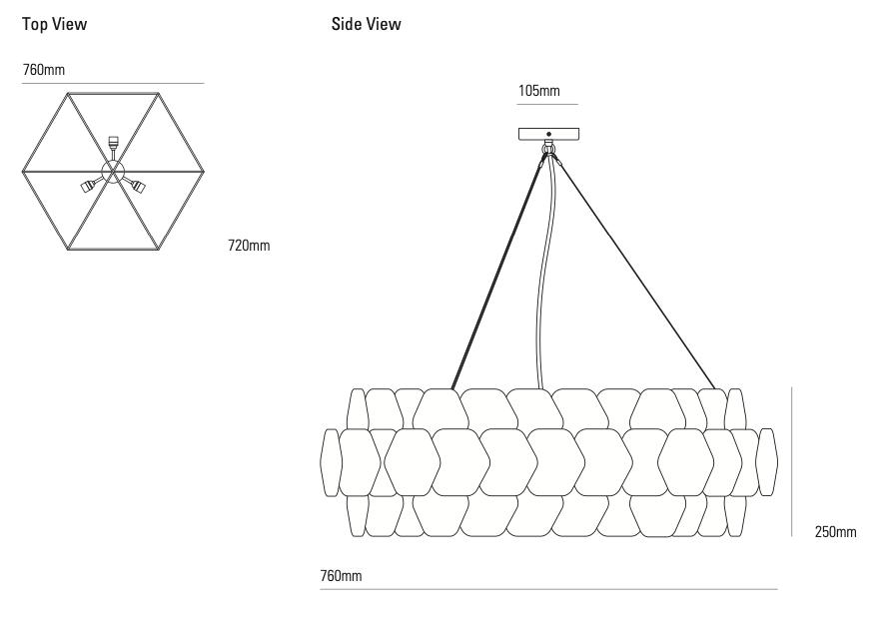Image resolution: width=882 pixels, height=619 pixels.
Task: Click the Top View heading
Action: tap(54, 24)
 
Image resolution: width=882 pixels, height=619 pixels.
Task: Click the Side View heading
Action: tap(366, 24)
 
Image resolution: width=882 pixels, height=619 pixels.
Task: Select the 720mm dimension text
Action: tap(249, 245)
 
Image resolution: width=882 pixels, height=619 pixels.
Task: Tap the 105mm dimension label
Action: tap(538, 91)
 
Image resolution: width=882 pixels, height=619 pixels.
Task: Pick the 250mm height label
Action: tap(835, 532)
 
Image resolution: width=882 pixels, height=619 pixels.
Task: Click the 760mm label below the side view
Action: tap(341, 576)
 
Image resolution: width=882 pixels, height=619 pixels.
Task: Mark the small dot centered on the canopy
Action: tap(548, 134)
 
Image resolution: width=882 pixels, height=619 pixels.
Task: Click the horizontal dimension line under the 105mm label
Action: tap(547, 104)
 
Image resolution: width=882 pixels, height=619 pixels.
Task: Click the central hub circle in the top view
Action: tap(113, 171)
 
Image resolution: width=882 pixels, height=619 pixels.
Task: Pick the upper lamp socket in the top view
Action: tap(113, 143)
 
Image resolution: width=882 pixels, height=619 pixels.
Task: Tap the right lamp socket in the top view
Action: tap(138, 186)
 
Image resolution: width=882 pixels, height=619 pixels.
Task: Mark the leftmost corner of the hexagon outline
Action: tap(22, 172)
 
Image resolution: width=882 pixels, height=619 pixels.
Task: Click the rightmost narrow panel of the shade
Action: tap(767, 461)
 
